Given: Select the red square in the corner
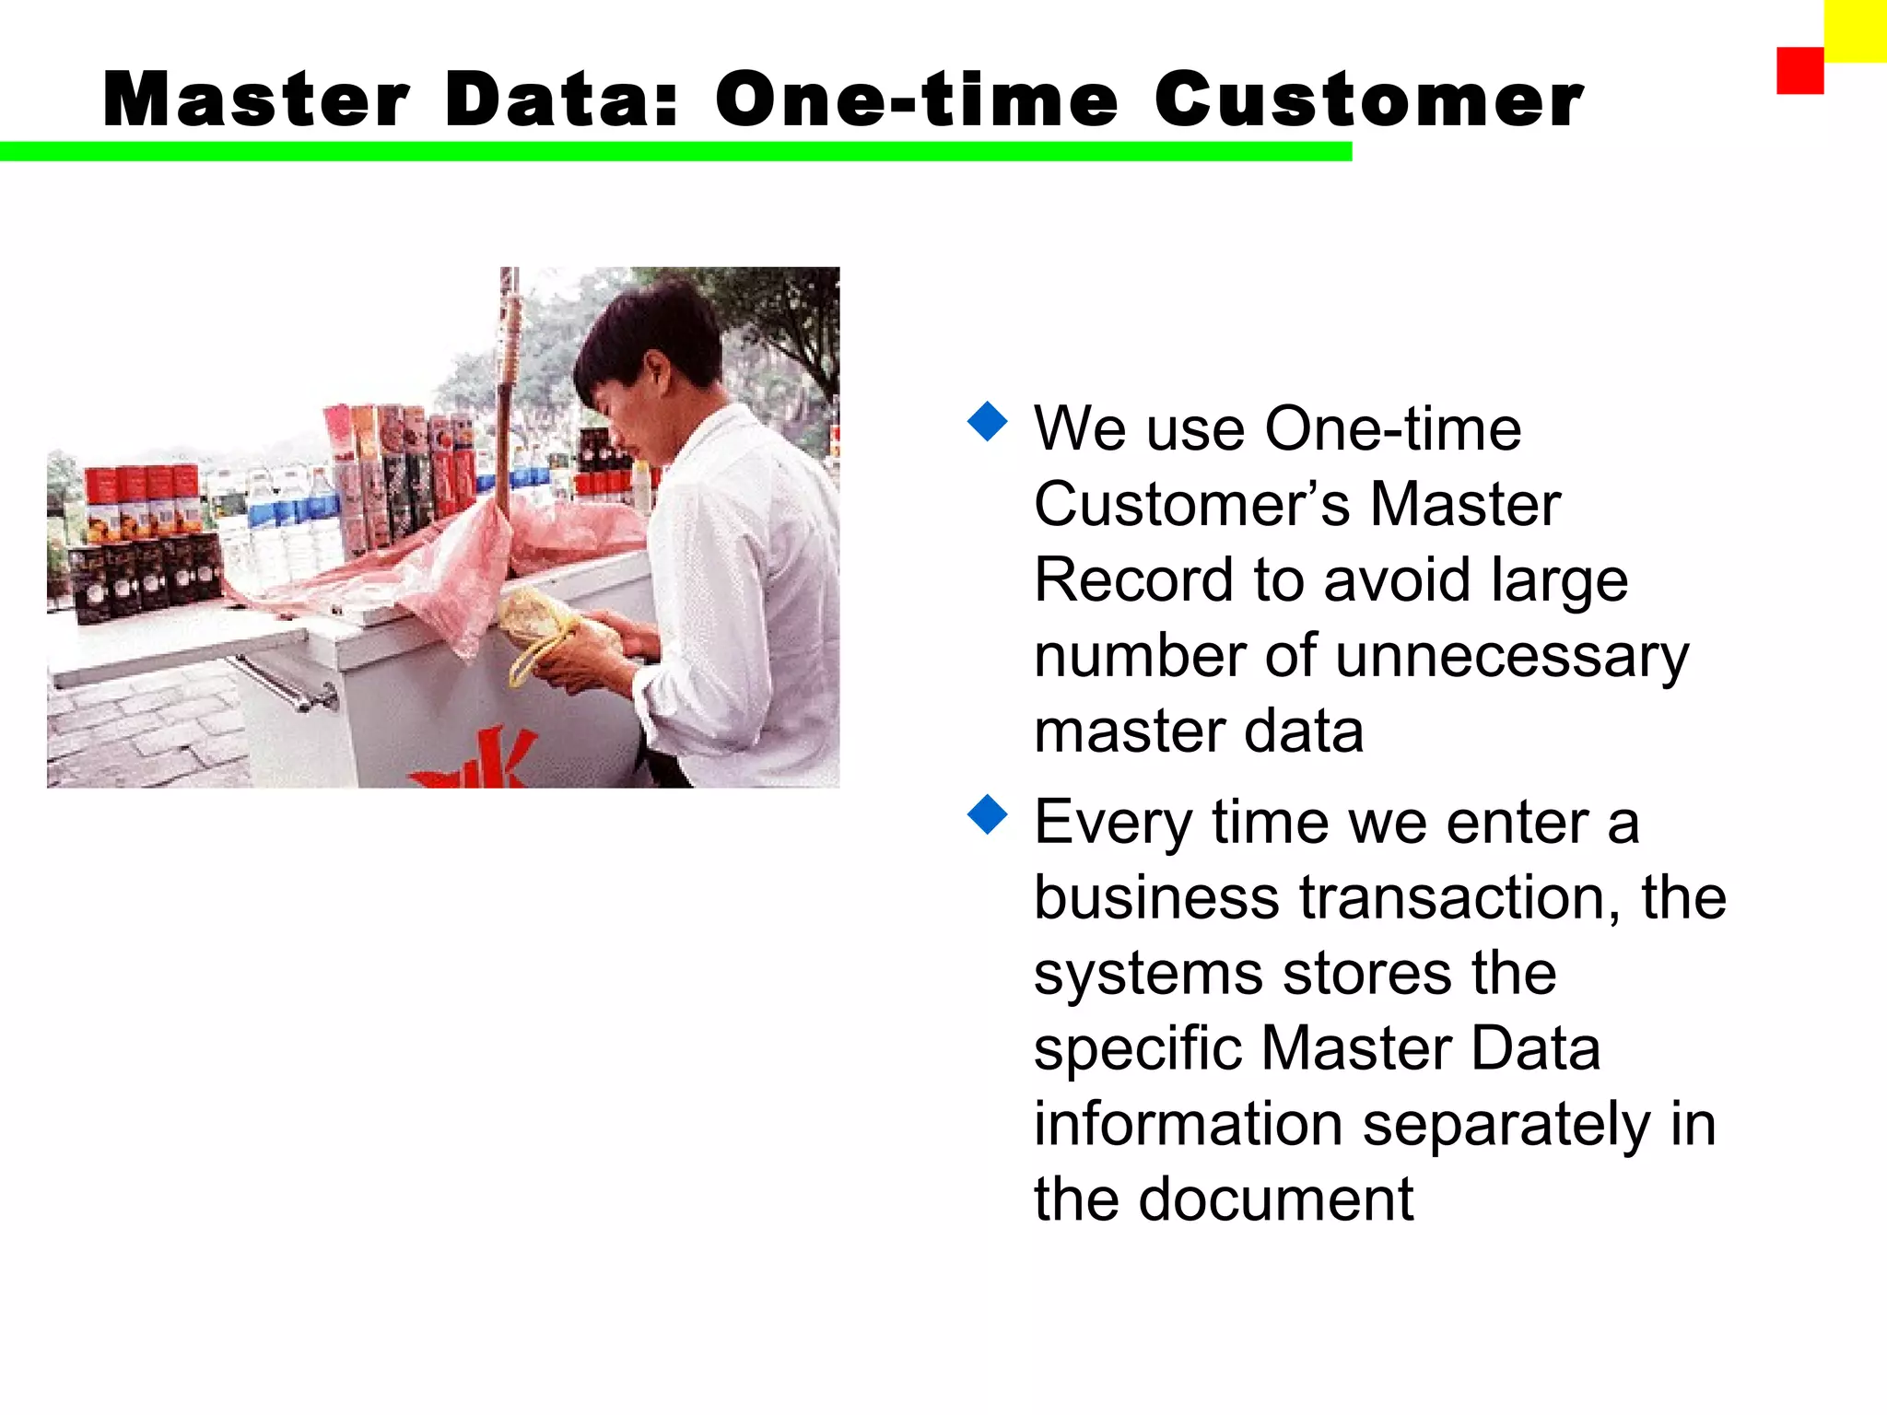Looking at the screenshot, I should (x=1799, y=71).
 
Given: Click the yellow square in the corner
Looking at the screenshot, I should (x=1855, y=30).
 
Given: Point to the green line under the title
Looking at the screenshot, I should (x=675, y=152).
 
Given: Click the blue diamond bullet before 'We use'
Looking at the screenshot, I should (x=988, y=421).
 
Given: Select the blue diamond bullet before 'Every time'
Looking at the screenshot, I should (x=988, y=814).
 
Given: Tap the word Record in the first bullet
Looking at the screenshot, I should (x=1133, y=580).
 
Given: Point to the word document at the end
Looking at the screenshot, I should (x=1275, y=1199).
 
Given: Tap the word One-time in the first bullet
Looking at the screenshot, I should (x=1392, y=429).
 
